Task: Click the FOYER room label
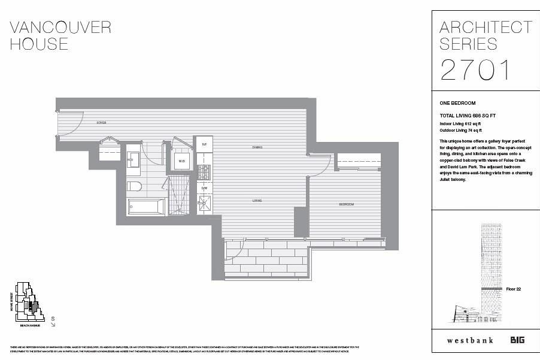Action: click(x=101, y=123)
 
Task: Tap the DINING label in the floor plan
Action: click(x=257, y=147)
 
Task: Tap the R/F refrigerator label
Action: click(x=204, y=144)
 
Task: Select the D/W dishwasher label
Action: click(x=204, y=188)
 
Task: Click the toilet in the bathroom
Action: click(x=135, y=186)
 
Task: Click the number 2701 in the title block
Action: click(x=475, y=69)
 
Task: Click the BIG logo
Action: click(x=518, y=340)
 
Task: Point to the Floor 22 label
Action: click(x=514, y=289)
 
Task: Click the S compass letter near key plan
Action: click(x=53, y=318)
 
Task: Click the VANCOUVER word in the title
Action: click(x=61, y=27)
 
